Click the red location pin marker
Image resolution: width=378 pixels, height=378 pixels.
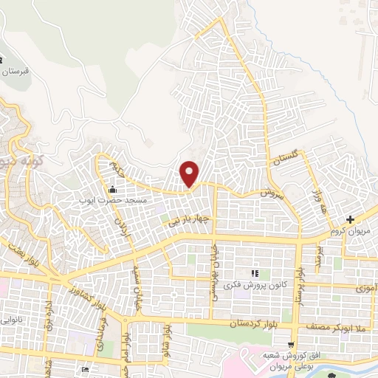(190, 173)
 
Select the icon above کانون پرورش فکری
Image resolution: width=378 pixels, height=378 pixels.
(255, 275)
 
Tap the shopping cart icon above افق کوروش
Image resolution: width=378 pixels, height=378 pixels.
(292, 345)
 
